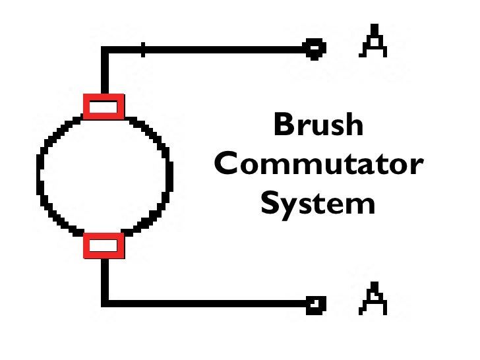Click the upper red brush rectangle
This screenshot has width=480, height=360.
point(104,106)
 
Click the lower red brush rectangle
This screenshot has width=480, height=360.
point(104,245)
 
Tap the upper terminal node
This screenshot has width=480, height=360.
point(315,47)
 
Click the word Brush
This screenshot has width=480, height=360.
point(318,125)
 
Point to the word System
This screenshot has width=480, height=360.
point(318,204)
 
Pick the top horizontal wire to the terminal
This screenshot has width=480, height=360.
point(218,47)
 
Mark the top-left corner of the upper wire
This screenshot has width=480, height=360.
point(104,48)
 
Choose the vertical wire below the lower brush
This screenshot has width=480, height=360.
point(104,280)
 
